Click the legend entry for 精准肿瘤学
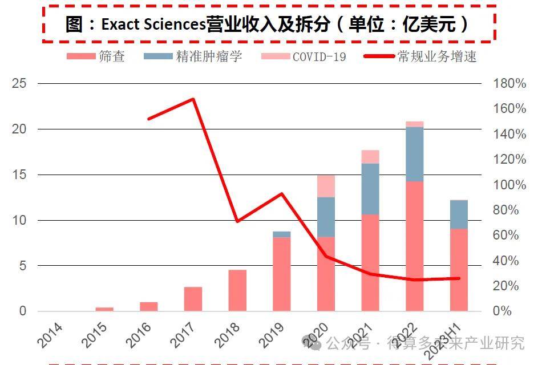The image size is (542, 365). [193, 56]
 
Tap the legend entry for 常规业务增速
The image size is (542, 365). [419, 56]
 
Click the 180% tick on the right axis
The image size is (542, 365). [509, 84]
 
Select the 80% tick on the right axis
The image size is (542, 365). [509, 210]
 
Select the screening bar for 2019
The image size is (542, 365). [282, 274]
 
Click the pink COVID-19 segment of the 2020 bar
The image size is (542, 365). [326, 186]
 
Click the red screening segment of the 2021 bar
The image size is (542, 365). [370, 262]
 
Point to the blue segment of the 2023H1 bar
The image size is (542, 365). [459, 214]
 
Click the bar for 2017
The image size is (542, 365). [193, 299]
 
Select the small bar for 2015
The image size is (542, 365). [104, 309]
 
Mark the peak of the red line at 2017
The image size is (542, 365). [193, 99]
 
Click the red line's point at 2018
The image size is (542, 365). [237, 221]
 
